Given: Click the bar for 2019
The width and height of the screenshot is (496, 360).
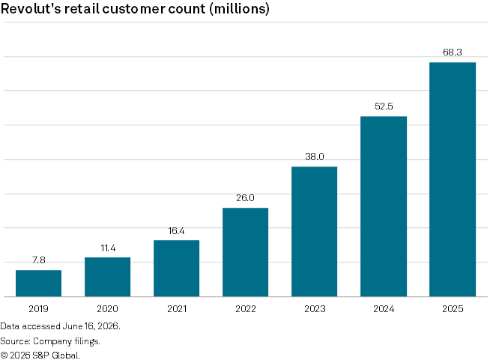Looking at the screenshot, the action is [x=39, y=283].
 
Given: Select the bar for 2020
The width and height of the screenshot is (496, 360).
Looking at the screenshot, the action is [x=108, y=277].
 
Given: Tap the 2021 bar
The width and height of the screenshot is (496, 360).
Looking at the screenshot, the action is [x=177, y=268].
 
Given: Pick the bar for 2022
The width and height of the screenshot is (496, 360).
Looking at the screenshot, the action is [x=246, y=252].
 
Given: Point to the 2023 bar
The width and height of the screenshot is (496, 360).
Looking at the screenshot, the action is [x=315, y=232].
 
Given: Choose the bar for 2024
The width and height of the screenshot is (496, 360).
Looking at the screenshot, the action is [x=384, y=206].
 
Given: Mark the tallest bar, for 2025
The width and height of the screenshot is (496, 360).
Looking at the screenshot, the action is [x=453, y=179].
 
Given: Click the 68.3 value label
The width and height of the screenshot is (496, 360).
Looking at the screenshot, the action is [x=453, y=52].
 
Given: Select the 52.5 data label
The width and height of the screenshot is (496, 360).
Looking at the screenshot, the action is [x=384, y=106].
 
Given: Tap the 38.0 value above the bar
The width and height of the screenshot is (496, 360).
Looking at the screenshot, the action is [x=315, y=157].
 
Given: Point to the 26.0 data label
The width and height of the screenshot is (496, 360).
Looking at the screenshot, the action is [x=245, y=198].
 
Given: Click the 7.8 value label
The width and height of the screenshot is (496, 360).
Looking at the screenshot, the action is [x=39, y=260].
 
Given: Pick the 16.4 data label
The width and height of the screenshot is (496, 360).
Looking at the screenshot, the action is [x=176, y=231].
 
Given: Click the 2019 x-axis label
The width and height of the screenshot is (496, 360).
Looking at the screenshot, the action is [x=38, y=309].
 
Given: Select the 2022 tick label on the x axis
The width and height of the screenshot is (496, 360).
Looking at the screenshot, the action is [x=246, y=309].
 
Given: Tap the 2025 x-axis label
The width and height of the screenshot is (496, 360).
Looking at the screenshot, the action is [x=453, y=309].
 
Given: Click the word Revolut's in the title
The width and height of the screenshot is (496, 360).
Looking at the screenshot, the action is [x=31, y=8].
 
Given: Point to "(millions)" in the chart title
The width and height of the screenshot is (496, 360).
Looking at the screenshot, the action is [x=240, y=9].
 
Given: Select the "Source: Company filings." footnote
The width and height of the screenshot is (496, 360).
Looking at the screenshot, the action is [x=50, y=341].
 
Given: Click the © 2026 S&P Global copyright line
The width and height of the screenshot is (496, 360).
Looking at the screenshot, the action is [x=40, y=355].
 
